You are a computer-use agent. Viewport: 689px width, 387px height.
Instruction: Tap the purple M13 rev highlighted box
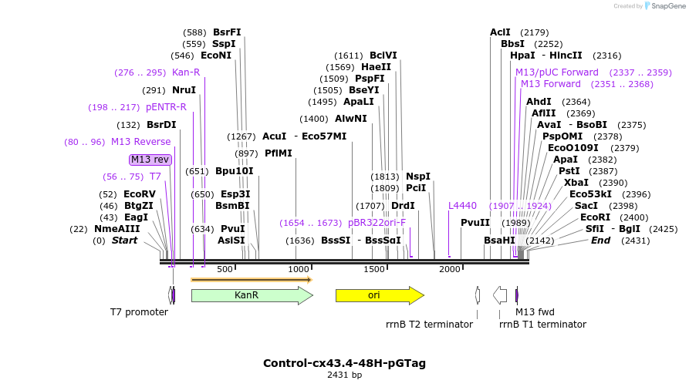tap(150, 160)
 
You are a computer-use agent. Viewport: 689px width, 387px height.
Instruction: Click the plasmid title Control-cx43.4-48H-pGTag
tap(344, 363)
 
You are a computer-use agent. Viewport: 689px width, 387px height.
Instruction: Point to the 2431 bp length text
tap(344, 375)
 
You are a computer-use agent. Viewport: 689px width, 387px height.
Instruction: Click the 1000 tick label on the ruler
tap(299, 269)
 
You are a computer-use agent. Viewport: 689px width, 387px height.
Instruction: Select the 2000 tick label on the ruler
tap(449, 269)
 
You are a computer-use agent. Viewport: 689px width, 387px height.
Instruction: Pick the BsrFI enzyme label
tap(227, 32)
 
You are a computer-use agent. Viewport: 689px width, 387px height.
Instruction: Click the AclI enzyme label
tap(500, 32)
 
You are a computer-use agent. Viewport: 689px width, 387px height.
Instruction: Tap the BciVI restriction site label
tap(383, 56)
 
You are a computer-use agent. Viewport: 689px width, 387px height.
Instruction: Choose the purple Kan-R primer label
tap(186, 72)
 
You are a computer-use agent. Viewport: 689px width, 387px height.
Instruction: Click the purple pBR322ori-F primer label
tap(377, 222)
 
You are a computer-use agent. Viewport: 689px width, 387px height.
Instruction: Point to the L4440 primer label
tap(462, 206)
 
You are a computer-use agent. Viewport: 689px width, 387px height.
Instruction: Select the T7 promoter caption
tap(139, 312)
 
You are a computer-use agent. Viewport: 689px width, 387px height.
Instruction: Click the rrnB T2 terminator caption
tap(429, 325)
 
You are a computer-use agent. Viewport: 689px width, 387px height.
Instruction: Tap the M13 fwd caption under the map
tap(535, 312)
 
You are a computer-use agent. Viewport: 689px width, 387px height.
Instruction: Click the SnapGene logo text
tap(667, 6)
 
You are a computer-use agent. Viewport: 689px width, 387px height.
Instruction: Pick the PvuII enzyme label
tap(475, 223)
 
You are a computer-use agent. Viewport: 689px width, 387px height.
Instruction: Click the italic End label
tap(600, 241)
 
